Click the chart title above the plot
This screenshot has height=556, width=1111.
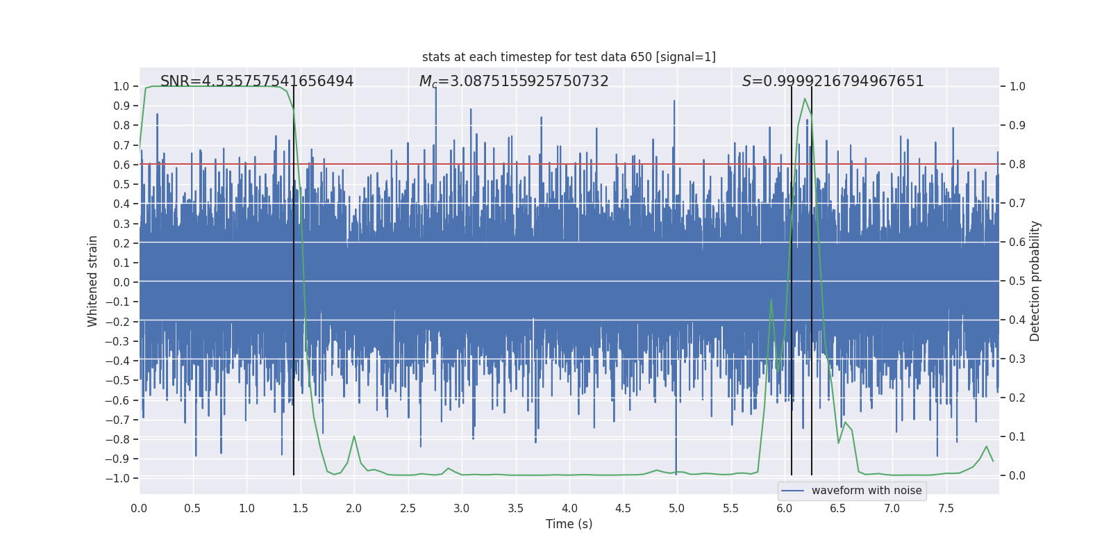point(569,57)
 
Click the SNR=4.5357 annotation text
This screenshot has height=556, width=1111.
point(257,81)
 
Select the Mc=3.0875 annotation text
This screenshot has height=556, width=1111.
point(514,81)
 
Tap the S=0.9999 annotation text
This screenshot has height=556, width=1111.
point(833,81)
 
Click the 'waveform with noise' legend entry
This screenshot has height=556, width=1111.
point(866,491)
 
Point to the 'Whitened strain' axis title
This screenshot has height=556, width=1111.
point(93,281)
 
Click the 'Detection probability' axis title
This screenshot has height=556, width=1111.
point(1035,281)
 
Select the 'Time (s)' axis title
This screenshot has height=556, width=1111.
point(569,524)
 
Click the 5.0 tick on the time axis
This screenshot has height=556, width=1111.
point(676,508)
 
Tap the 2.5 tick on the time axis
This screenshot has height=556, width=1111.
point(408,508)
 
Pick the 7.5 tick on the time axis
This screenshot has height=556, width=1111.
point(946,508)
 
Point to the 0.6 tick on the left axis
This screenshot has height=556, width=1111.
point(122,165)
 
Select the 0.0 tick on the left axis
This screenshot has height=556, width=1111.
point(122,282)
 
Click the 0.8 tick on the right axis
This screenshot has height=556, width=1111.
point(1017,165)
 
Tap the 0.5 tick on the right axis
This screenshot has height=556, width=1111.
point(1017,281)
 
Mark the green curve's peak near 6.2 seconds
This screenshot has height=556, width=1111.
point(805,99)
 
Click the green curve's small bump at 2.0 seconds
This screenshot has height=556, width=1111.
point(354,436)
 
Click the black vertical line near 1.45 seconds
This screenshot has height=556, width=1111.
point(294,278)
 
